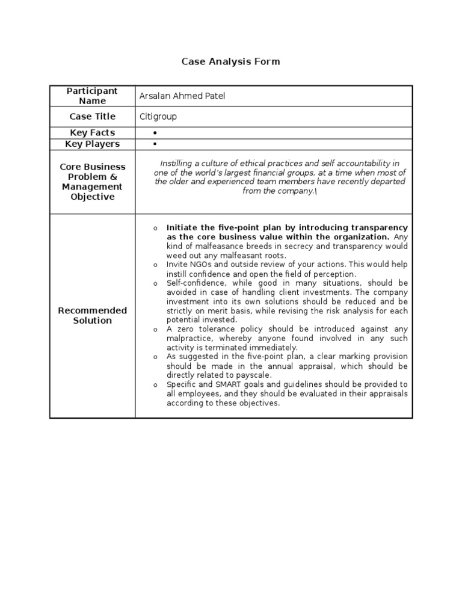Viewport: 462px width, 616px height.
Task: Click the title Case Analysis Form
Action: [231, 61]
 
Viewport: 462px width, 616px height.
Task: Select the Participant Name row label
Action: [92, 96]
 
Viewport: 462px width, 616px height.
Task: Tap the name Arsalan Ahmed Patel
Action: [182, 96]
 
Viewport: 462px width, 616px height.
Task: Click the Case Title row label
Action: [92, 117]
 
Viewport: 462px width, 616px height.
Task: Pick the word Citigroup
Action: [158, 117]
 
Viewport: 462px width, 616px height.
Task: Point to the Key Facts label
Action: [92, 132]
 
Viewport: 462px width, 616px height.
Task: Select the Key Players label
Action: [92, 144]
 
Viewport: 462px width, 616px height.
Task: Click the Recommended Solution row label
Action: [92, 315]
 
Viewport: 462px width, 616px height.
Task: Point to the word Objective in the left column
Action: [92, 197]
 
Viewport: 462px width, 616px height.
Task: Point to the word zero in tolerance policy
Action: [183, 329]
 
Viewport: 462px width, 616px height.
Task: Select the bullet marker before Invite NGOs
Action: [155, 265]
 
